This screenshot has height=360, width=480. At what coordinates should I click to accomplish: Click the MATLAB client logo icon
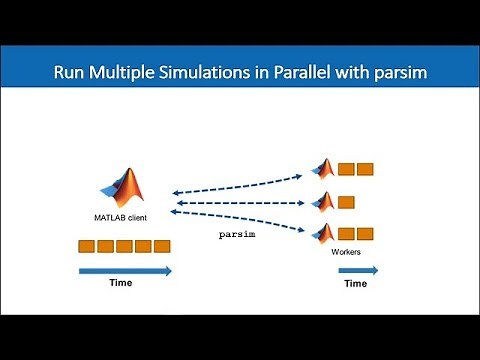125,187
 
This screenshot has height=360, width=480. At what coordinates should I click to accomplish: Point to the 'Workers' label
345,251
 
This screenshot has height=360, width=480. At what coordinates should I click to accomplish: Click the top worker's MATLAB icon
323,169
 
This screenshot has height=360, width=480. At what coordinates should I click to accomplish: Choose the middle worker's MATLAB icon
323,201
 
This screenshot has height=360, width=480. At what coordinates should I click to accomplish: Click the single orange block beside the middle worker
346,202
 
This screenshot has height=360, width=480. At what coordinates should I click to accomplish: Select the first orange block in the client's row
86,246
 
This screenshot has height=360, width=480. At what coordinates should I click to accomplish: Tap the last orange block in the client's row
162,246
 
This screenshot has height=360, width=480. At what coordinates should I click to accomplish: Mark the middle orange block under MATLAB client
124,246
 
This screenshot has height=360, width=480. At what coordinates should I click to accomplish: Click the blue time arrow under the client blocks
124,270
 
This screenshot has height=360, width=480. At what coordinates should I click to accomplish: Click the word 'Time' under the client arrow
120,284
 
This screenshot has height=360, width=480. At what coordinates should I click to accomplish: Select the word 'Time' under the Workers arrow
355,284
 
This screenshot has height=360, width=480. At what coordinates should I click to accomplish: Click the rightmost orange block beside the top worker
365,169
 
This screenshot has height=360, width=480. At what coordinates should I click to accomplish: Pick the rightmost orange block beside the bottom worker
365,234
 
